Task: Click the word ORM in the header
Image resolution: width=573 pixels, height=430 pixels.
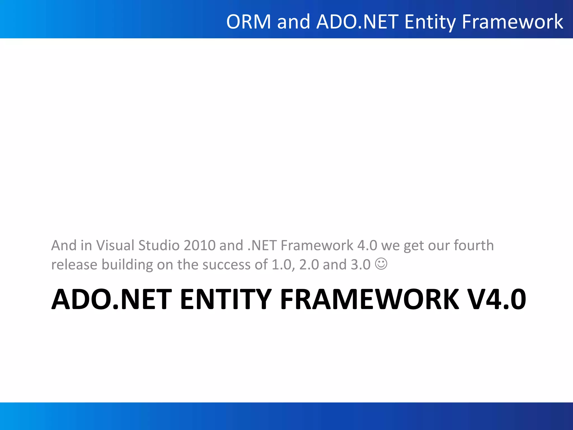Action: click(x=248, y=22)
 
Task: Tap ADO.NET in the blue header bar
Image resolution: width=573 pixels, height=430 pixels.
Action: click(x=357, y=22)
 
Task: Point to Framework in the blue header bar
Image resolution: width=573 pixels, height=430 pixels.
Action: click(x=512, y=22)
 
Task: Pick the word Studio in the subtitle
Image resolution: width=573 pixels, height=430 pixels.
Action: click(x=159, y=246)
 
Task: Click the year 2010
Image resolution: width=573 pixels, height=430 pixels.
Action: click(x=199, y=246)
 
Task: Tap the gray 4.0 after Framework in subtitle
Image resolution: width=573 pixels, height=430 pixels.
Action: click(x=367, y=246)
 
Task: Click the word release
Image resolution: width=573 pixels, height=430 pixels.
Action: click(x=74, y=265)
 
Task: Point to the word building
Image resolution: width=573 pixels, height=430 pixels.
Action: click(x=127, y=265)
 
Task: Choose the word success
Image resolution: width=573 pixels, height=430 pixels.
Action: click(x=226, y=265)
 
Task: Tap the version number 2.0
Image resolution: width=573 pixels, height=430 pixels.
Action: click(x=309, y=265)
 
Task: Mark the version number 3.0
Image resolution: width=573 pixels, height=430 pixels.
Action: click(x=361, y=265)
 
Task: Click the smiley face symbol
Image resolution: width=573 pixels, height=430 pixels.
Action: click(x=381, y=264)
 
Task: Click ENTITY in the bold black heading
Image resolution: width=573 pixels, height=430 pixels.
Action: click(x=226, y=300)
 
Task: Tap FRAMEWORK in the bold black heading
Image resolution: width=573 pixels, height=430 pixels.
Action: click(x=369, y=300)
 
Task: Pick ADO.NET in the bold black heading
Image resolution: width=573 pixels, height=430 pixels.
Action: click(x=112, y=300)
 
